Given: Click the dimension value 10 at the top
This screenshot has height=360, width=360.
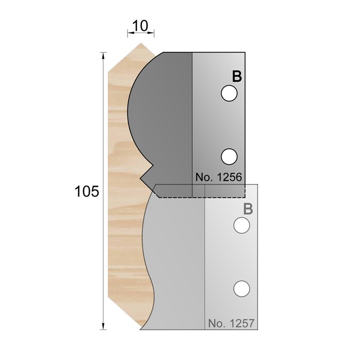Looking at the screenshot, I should click(x=140, y=25).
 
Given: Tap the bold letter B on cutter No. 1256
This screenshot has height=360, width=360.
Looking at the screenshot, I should click(x=236, y=76).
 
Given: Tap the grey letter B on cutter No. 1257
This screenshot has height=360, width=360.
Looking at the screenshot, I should click(x=247, y=209).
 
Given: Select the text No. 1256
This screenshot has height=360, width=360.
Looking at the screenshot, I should click(x=218, y=177).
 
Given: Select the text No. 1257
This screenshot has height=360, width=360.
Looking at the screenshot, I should click(x=231, y=323).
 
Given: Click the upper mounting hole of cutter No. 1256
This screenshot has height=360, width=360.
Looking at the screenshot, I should click(x=228, y=93).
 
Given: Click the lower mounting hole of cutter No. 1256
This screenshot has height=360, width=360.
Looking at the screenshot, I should click(x=228, y=156).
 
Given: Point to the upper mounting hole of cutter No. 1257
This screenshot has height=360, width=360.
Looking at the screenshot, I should click(x=242, y=226).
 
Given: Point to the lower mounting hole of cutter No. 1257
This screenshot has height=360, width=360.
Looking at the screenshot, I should click(x=242, y=288).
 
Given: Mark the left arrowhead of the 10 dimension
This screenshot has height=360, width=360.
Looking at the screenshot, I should click(x=129, y=33).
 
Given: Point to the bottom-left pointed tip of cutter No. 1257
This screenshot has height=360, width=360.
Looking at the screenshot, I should click(x=141, y=329).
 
